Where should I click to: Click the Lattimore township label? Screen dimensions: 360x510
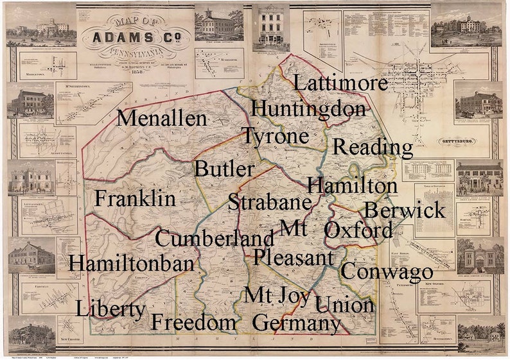(x=340, y=83)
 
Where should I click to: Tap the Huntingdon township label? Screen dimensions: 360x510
(x=308, y=108)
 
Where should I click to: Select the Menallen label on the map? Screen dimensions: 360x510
(x=162, y=119)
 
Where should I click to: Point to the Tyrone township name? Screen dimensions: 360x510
(x=275, y=137)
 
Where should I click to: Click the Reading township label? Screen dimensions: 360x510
(x=373, y=148)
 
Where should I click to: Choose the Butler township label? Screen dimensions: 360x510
(x=224, y=169)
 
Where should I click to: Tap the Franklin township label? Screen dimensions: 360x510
(x=135, y=198)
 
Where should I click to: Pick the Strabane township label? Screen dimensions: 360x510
(x=270, y=202)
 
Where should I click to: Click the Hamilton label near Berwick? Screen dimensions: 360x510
(x=352, y=186)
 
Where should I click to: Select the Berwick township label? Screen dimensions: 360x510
(x=404, y=210)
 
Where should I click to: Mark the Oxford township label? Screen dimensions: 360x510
(x=358, y=230)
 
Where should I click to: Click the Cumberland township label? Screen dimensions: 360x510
(x=215, y=238)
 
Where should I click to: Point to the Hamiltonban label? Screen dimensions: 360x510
(x=131, y=263)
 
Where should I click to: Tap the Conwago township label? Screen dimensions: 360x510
(x=386, y=271)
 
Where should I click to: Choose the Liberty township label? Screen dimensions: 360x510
(x=110, y=309)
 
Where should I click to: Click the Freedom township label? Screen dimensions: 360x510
(x=193, y=321)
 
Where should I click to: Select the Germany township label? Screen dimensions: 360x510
(x=296, y=323)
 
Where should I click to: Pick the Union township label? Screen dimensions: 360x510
(x=345, y=305)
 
